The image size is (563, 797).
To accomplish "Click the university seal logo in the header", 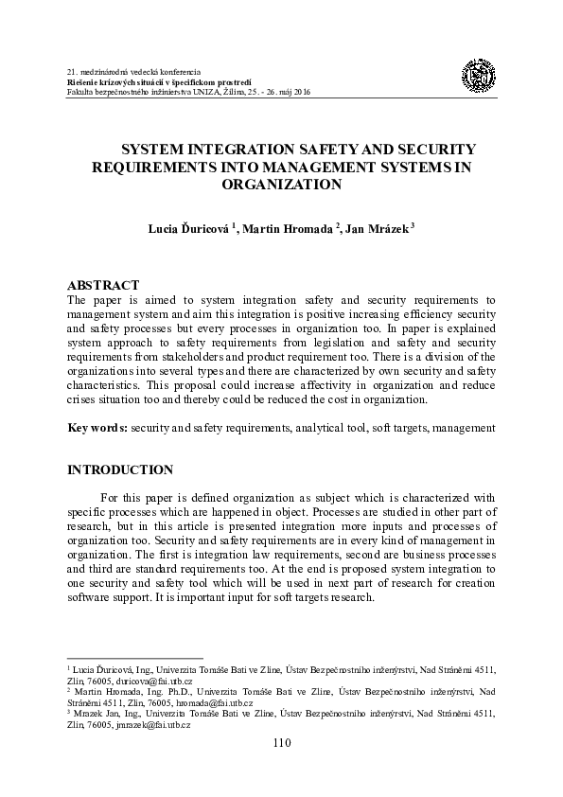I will click(478, 77).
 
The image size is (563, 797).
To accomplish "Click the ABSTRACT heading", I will click(103, 285).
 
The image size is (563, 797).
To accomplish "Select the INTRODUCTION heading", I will click(120, 469).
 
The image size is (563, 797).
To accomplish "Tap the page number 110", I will click(281, 743).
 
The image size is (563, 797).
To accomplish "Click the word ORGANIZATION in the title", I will click(281, 185).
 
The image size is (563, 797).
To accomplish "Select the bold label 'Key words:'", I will click(97, 428).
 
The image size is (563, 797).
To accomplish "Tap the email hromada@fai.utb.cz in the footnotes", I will click(212, 703).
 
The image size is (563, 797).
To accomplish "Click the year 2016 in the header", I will click(301, 92).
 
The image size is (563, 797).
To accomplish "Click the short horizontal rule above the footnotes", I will click(135, 658).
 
